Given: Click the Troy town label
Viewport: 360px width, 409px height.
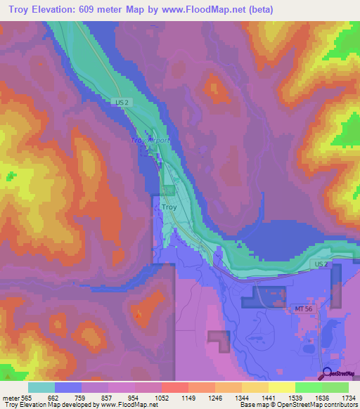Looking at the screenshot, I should click(x=169, y=207).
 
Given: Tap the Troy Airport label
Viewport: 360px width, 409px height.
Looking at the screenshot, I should click(x=151, y=141).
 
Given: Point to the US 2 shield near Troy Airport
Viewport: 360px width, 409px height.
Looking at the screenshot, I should click(x=123, y=103).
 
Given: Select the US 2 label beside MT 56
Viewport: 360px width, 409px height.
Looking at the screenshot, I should click(x=321, y=264).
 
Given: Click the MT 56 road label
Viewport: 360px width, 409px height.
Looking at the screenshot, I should click(x=303, y=307).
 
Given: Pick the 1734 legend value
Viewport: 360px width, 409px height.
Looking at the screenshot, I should click(x=348, y=397).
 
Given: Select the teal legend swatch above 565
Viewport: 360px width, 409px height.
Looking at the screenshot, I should click(x=41, y=387).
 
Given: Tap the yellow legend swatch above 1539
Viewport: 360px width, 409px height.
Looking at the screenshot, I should click(x=281, y=387).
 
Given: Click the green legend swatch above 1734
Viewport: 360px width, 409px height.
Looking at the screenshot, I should click(x=335, y=387).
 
